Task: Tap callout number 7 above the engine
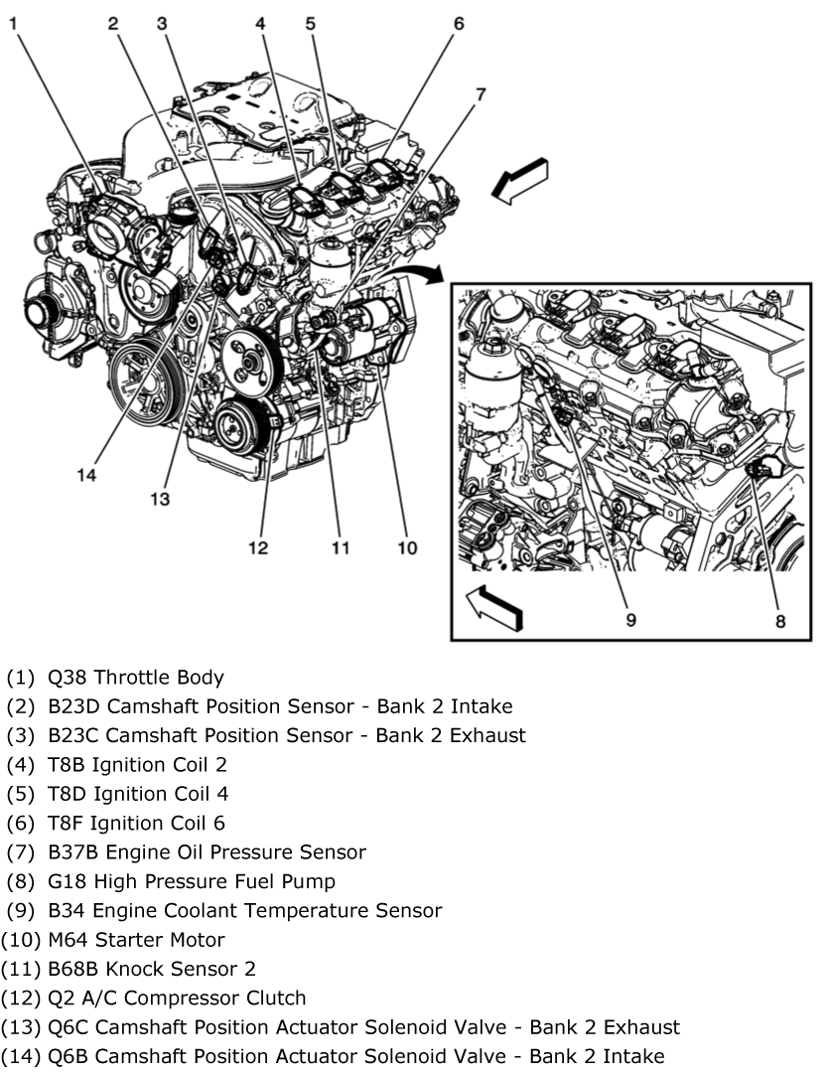pyautogui.click(x=481, y=95)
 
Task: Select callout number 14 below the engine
pyautogui.click(x=87, y=475)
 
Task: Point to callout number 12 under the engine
pyautogui.click(x=258, y=547)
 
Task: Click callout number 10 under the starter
pyautogui.click(x=407, y=547)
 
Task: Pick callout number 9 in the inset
pyautogui.click(x=630, y=621)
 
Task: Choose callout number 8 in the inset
pyautogui.click(x=780, y=621)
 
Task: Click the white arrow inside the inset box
pyautogui.click(x=493, y=605)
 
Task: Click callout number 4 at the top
pyautogui.click(x=259, y=21)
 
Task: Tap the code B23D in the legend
pyautogui.click(x=72, y=707)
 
